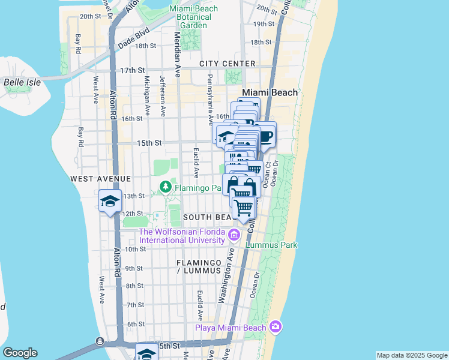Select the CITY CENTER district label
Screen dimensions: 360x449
coord(228,64)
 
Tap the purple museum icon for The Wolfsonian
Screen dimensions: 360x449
coord(234,236)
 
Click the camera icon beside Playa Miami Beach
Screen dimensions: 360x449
coord(276,327)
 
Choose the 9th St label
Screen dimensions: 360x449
coord(134,268)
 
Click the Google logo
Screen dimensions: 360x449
coord(20,353)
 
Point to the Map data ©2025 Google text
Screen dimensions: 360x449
coord(411,355)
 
